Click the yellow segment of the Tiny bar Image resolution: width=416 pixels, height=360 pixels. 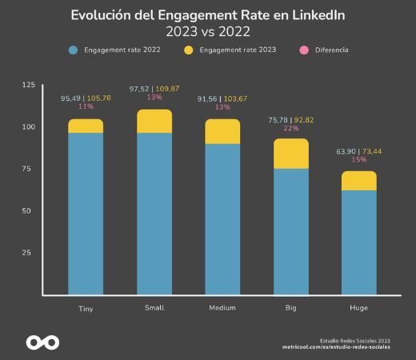click(86, 126)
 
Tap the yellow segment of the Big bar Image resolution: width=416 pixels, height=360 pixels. click(290, 154)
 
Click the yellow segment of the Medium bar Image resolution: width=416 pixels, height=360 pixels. click(222, 131)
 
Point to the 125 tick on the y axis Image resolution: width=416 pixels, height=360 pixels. click(28, 85)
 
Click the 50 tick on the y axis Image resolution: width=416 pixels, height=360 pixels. click(30, 211)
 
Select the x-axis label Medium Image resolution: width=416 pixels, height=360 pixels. click(222, 308)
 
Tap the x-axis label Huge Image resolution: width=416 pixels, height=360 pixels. click(359, 308)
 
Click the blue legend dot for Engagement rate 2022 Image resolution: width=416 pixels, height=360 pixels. click(73, 50)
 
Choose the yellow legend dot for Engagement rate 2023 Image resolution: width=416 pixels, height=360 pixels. click(189, 50)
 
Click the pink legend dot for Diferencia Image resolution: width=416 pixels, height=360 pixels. click(304, 50)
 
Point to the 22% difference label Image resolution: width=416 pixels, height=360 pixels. click(290, 128)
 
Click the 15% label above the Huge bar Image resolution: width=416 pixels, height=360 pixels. click(358, 159)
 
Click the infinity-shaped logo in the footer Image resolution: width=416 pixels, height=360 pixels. click(42, 342)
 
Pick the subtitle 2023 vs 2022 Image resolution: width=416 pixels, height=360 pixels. click(208, 31)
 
